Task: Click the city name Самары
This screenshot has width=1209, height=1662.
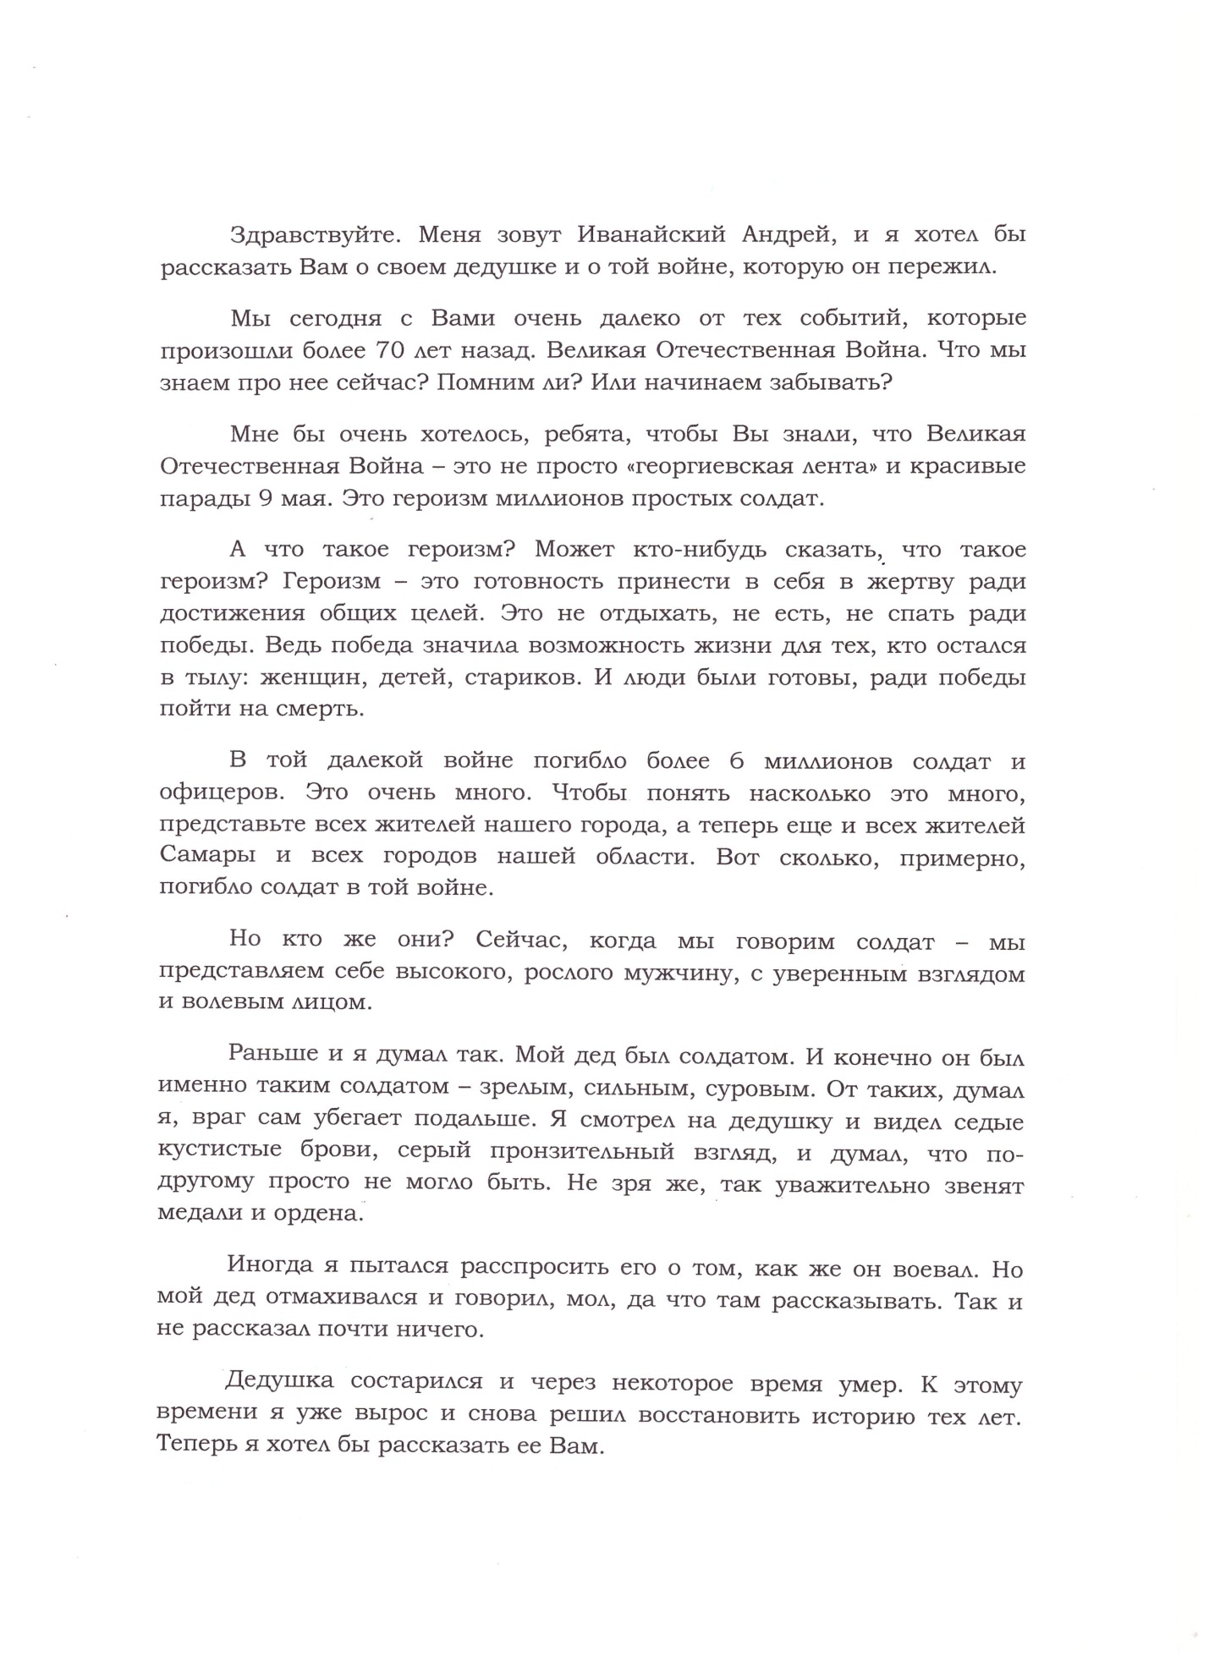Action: point(207,856)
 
